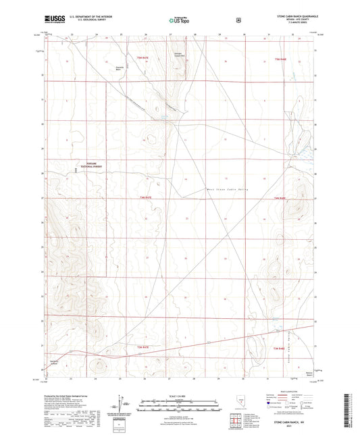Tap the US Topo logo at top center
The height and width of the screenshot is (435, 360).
(x=179, y=21)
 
